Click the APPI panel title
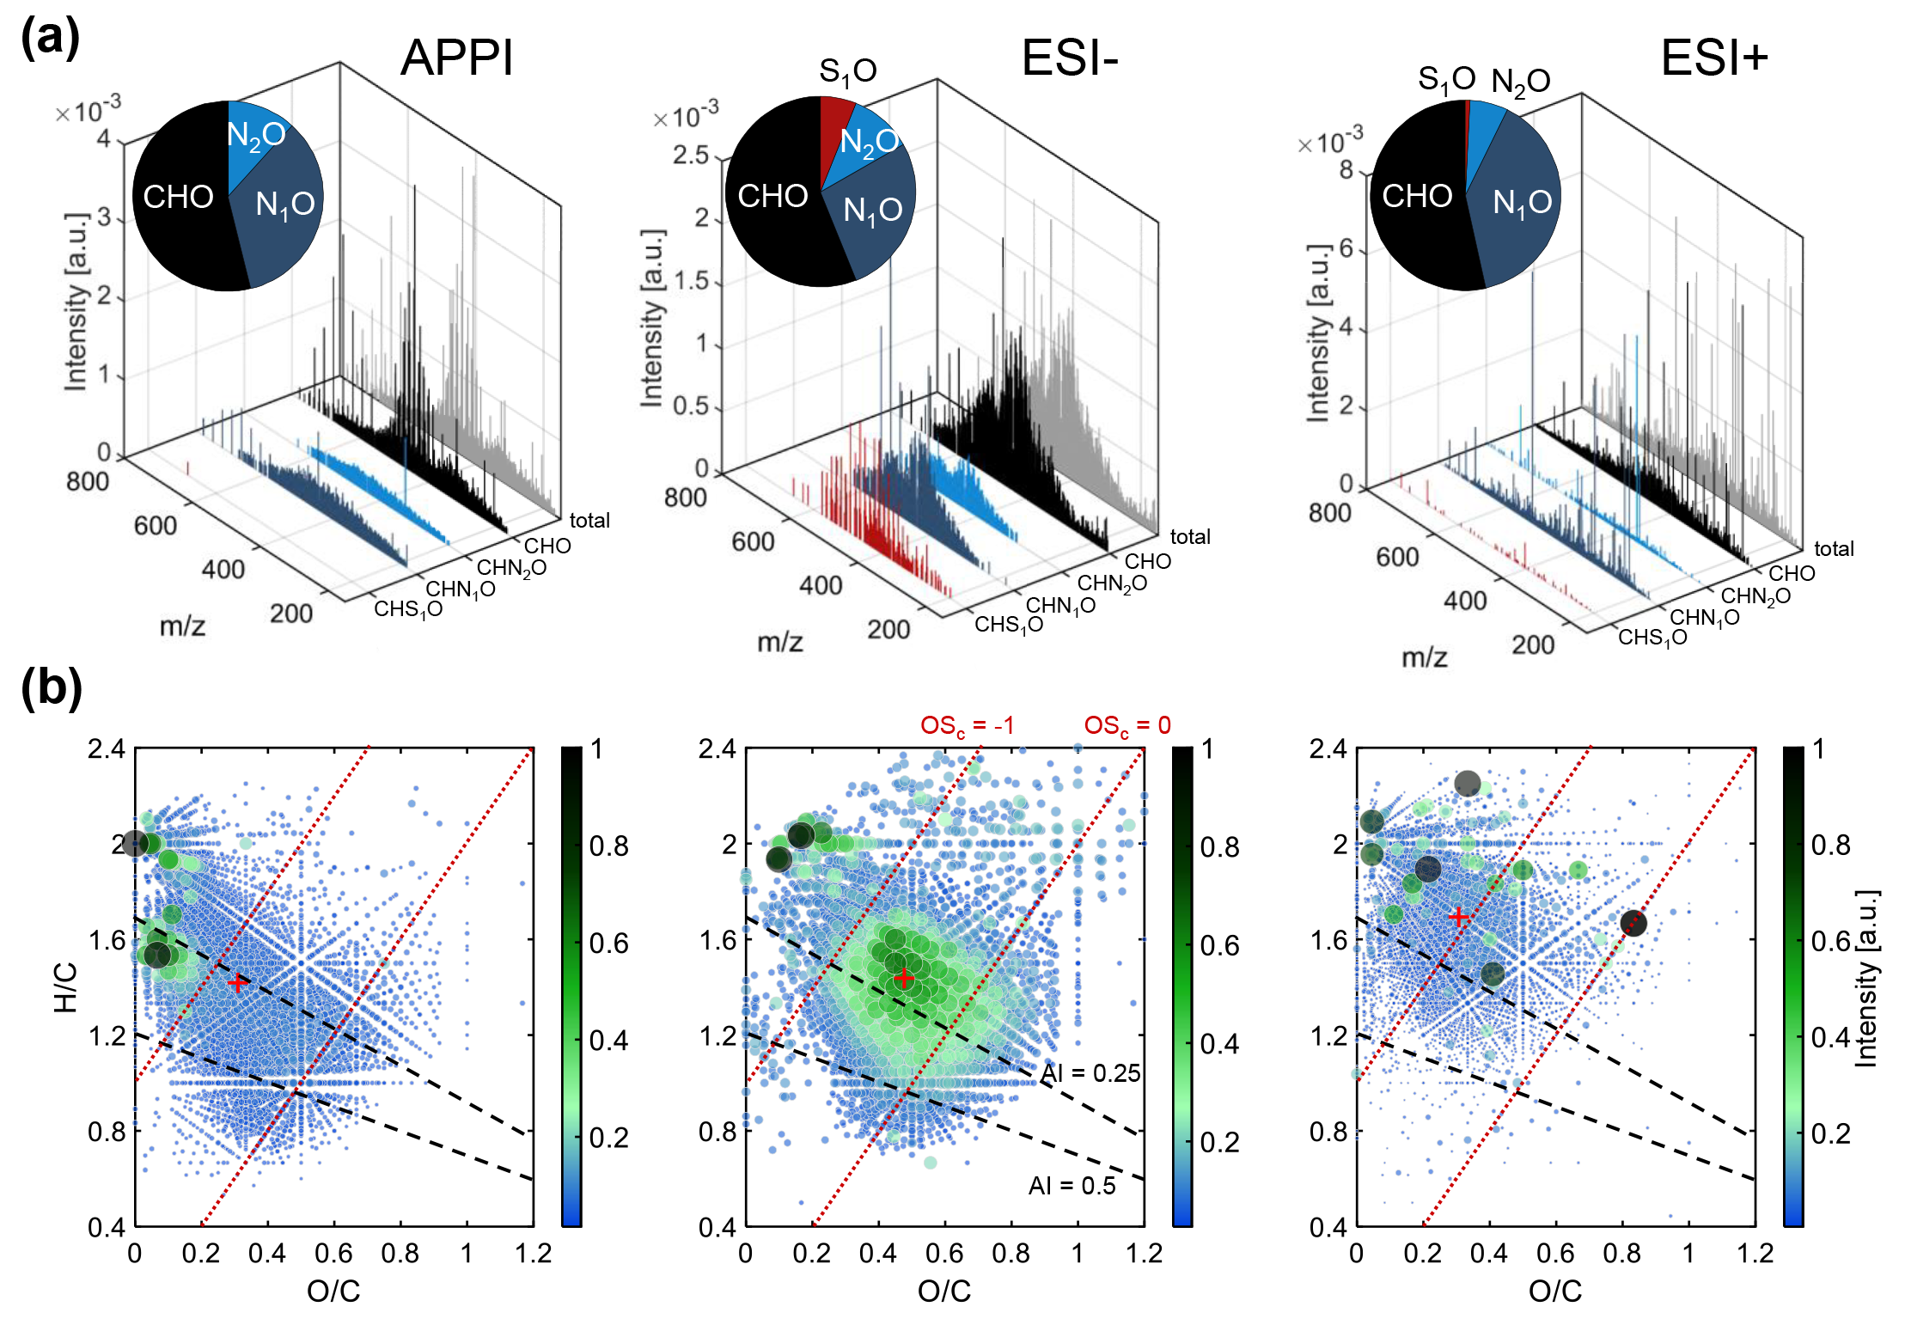[x=456, y=58]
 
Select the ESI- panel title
[x=1069, y=58]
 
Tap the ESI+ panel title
[x=1713, y=58]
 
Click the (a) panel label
[x=50, y=39]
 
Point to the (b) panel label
[x=51, y=687]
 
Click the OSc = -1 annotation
[x=967, y=726]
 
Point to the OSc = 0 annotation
[x=1127, y=725]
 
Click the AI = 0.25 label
[x=1090, y=1073]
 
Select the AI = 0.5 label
[x=1072, y=1186]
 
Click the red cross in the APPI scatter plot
[x=238, y=983]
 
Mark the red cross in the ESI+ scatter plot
[x=1458, y=918]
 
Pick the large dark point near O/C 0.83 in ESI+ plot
[x=1633, y=924]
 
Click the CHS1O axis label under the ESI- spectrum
[x=1008, y=625]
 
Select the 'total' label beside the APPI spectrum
[x=589, y=520]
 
